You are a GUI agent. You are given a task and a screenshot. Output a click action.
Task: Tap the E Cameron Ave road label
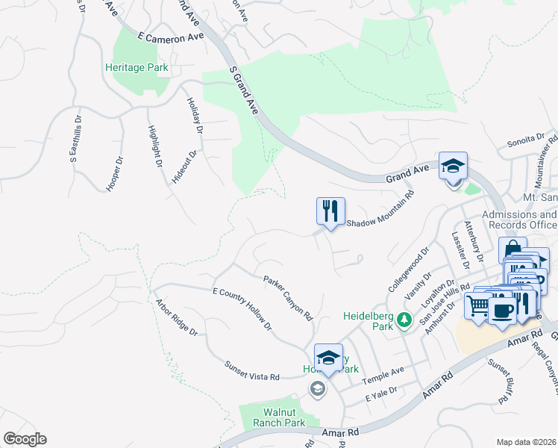point(171,36)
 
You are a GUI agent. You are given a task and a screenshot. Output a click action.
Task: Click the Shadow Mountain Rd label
point(380,211)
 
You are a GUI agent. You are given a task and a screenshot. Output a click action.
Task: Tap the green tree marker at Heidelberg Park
point(404,320)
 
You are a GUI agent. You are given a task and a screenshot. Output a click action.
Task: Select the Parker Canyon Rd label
point(287,298)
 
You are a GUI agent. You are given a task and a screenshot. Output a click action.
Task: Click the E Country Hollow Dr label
point(242,309)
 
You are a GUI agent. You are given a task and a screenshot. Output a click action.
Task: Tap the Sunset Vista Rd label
point(251,370)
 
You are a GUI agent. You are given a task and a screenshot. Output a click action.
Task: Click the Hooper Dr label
point(114,173)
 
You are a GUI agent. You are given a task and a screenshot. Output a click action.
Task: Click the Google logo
point(25,439)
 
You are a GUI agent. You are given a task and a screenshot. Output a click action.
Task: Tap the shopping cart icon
point(477,305)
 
